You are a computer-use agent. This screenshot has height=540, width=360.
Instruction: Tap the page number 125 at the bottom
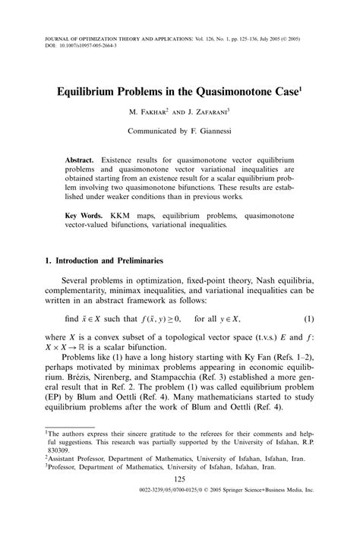180,500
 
